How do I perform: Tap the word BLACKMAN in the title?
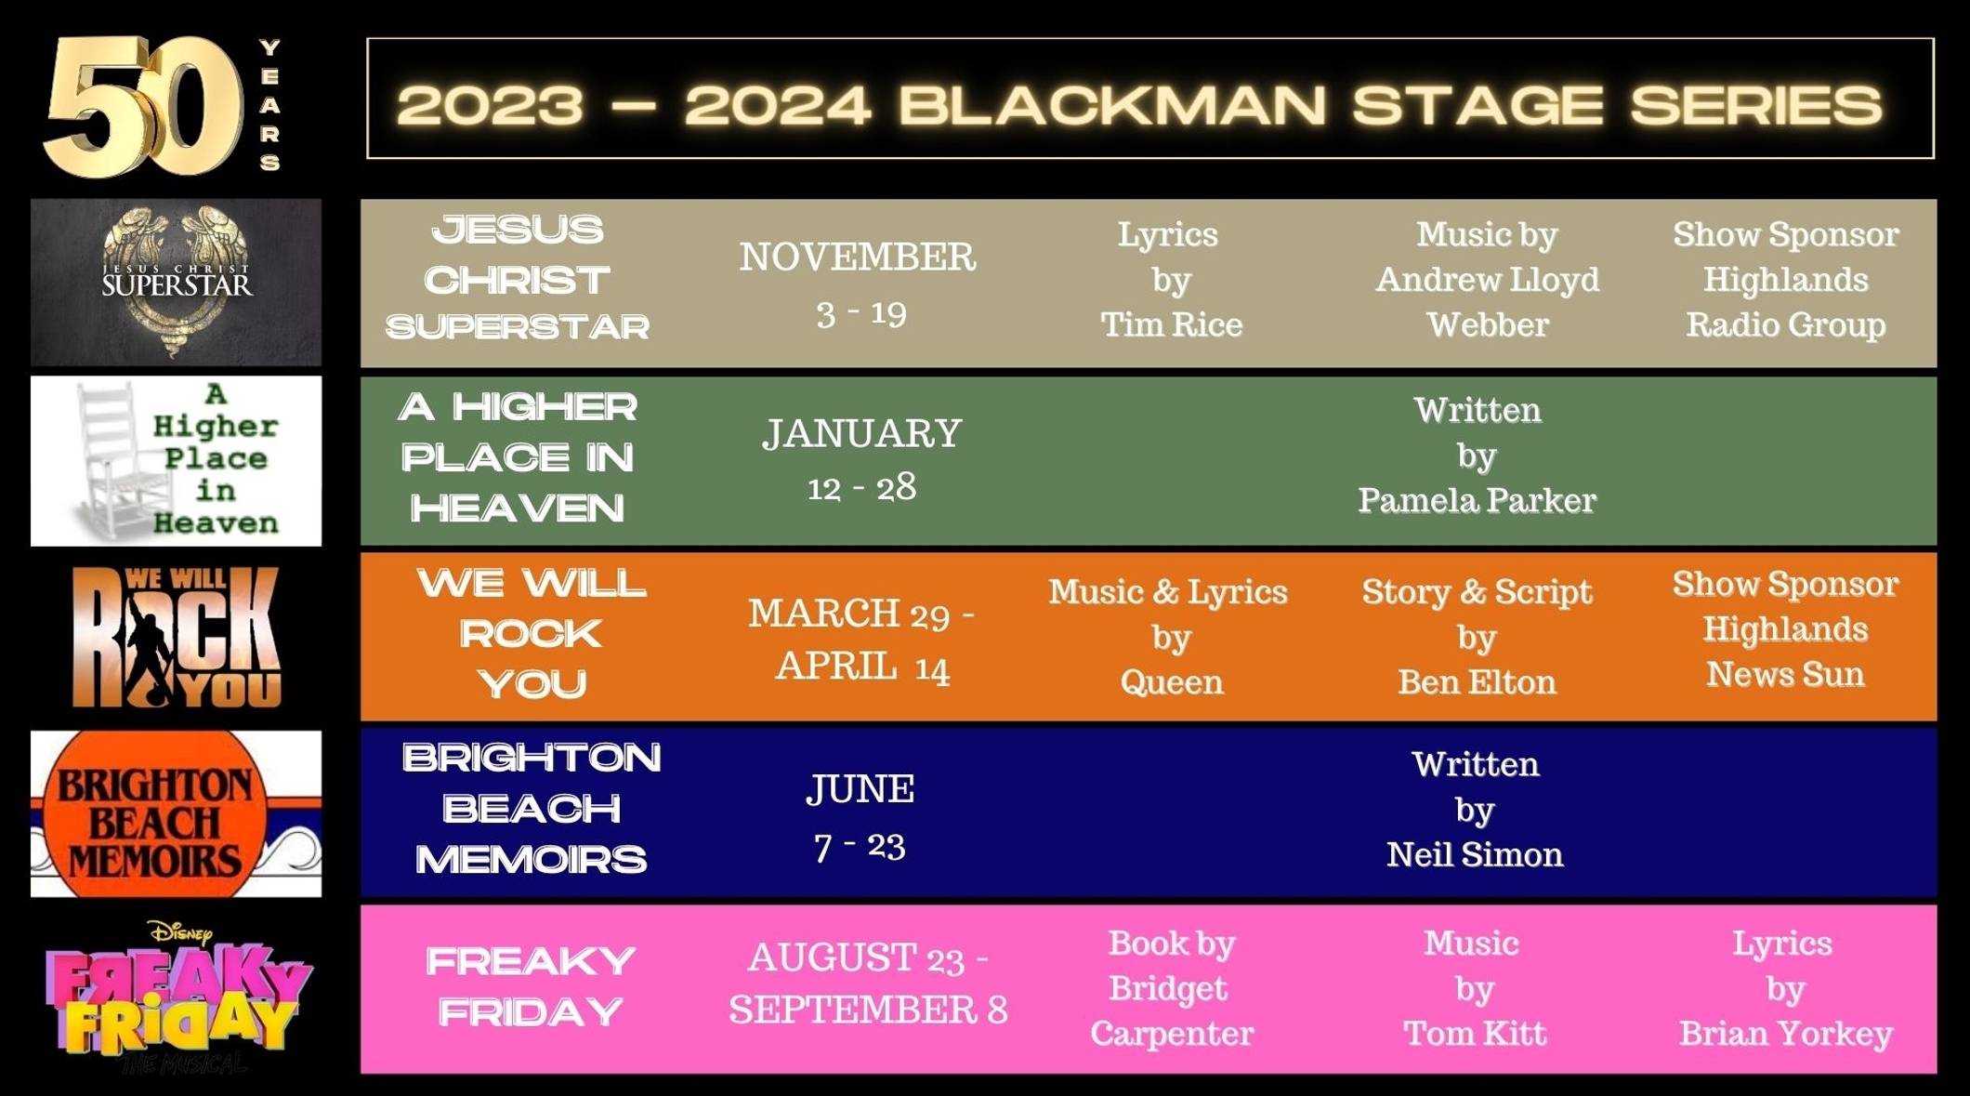[1112, 104]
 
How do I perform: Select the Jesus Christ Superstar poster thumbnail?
[176, 282]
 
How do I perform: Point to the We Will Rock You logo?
[176, 637]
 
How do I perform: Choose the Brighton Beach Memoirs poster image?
[176, 813]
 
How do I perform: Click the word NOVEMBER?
[858, 257]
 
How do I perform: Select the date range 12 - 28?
[861, 487]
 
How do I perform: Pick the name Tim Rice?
[1171, 324]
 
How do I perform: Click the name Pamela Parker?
[1477, 500]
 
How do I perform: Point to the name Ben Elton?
[1477, 682]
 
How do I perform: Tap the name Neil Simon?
[1475, 854]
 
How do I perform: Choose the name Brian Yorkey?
[1785, 1034]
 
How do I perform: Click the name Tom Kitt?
[1474, 1034]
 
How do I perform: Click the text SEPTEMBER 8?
[868, 1010]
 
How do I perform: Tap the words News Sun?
[1785, 674]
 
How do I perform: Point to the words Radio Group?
[1785, 325]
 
